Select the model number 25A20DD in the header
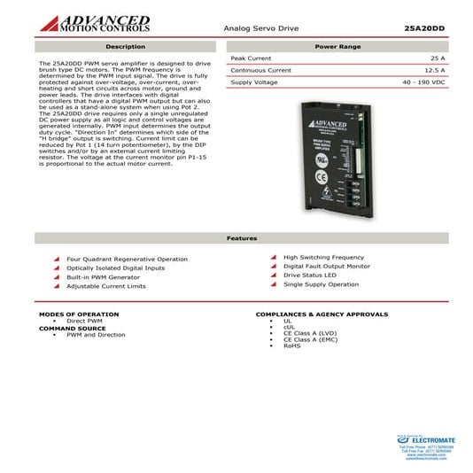pos(423,28)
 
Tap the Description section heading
pos(125,46)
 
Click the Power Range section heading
pos(337,46)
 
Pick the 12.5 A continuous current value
pos(434,70)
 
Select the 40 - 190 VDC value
pos(422,81)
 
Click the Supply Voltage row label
pos(254,81)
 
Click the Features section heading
pos(242,238)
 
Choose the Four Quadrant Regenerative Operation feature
pos(128,259)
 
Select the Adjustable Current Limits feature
pos(106,286)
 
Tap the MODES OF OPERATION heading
pos(79,314)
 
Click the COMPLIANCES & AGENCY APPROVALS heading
pos(322,314)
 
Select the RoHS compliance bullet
pos(291,345)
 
